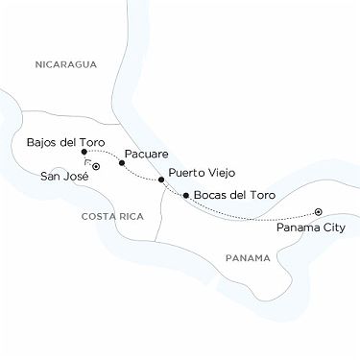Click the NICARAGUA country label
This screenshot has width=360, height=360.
coord(65,64)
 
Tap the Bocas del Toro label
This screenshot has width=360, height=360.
coord(234,196)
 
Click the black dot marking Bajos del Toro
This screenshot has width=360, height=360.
coord(85,152)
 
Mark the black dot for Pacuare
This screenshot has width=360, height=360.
coord(121,162)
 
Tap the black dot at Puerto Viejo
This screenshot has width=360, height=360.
coord(161,180)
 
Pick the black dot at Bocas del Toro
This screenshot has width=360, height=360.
coord(184,196)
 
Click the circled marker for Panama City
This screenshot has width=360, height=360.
coord(318,213)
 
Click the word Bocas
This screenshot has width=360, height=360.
coord(211,196)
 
